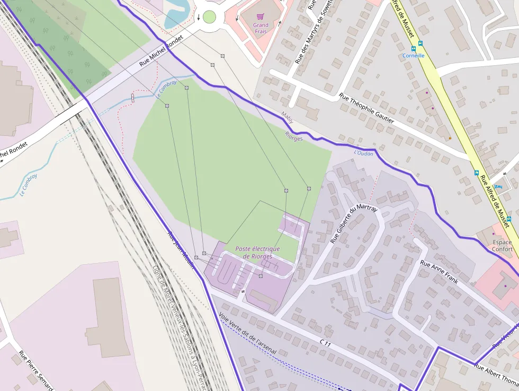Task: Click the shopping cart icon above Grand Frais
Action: click(260, 16)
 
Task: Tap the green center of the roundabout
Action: click(209, 17)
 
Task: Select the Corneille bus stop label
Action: click(414, 55)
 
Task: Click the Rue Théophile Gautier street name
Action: click(366, 109)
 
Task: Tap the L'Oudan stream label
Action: click(363, 153)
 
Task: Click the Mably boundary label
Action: click(287, 116)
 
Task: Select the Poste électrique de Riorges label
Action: click(257, 253)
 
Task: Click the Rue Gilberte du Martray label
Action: click(354, 224)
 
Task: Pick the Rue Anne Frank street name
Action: click(439, 272)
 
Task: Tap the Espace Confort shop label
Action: click(502, 246)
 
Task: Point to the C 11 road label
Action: click(325, 344)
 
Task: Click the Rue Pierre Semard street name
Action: click(36, 370)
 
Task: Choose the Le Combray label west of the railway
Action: click(29, 185)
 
